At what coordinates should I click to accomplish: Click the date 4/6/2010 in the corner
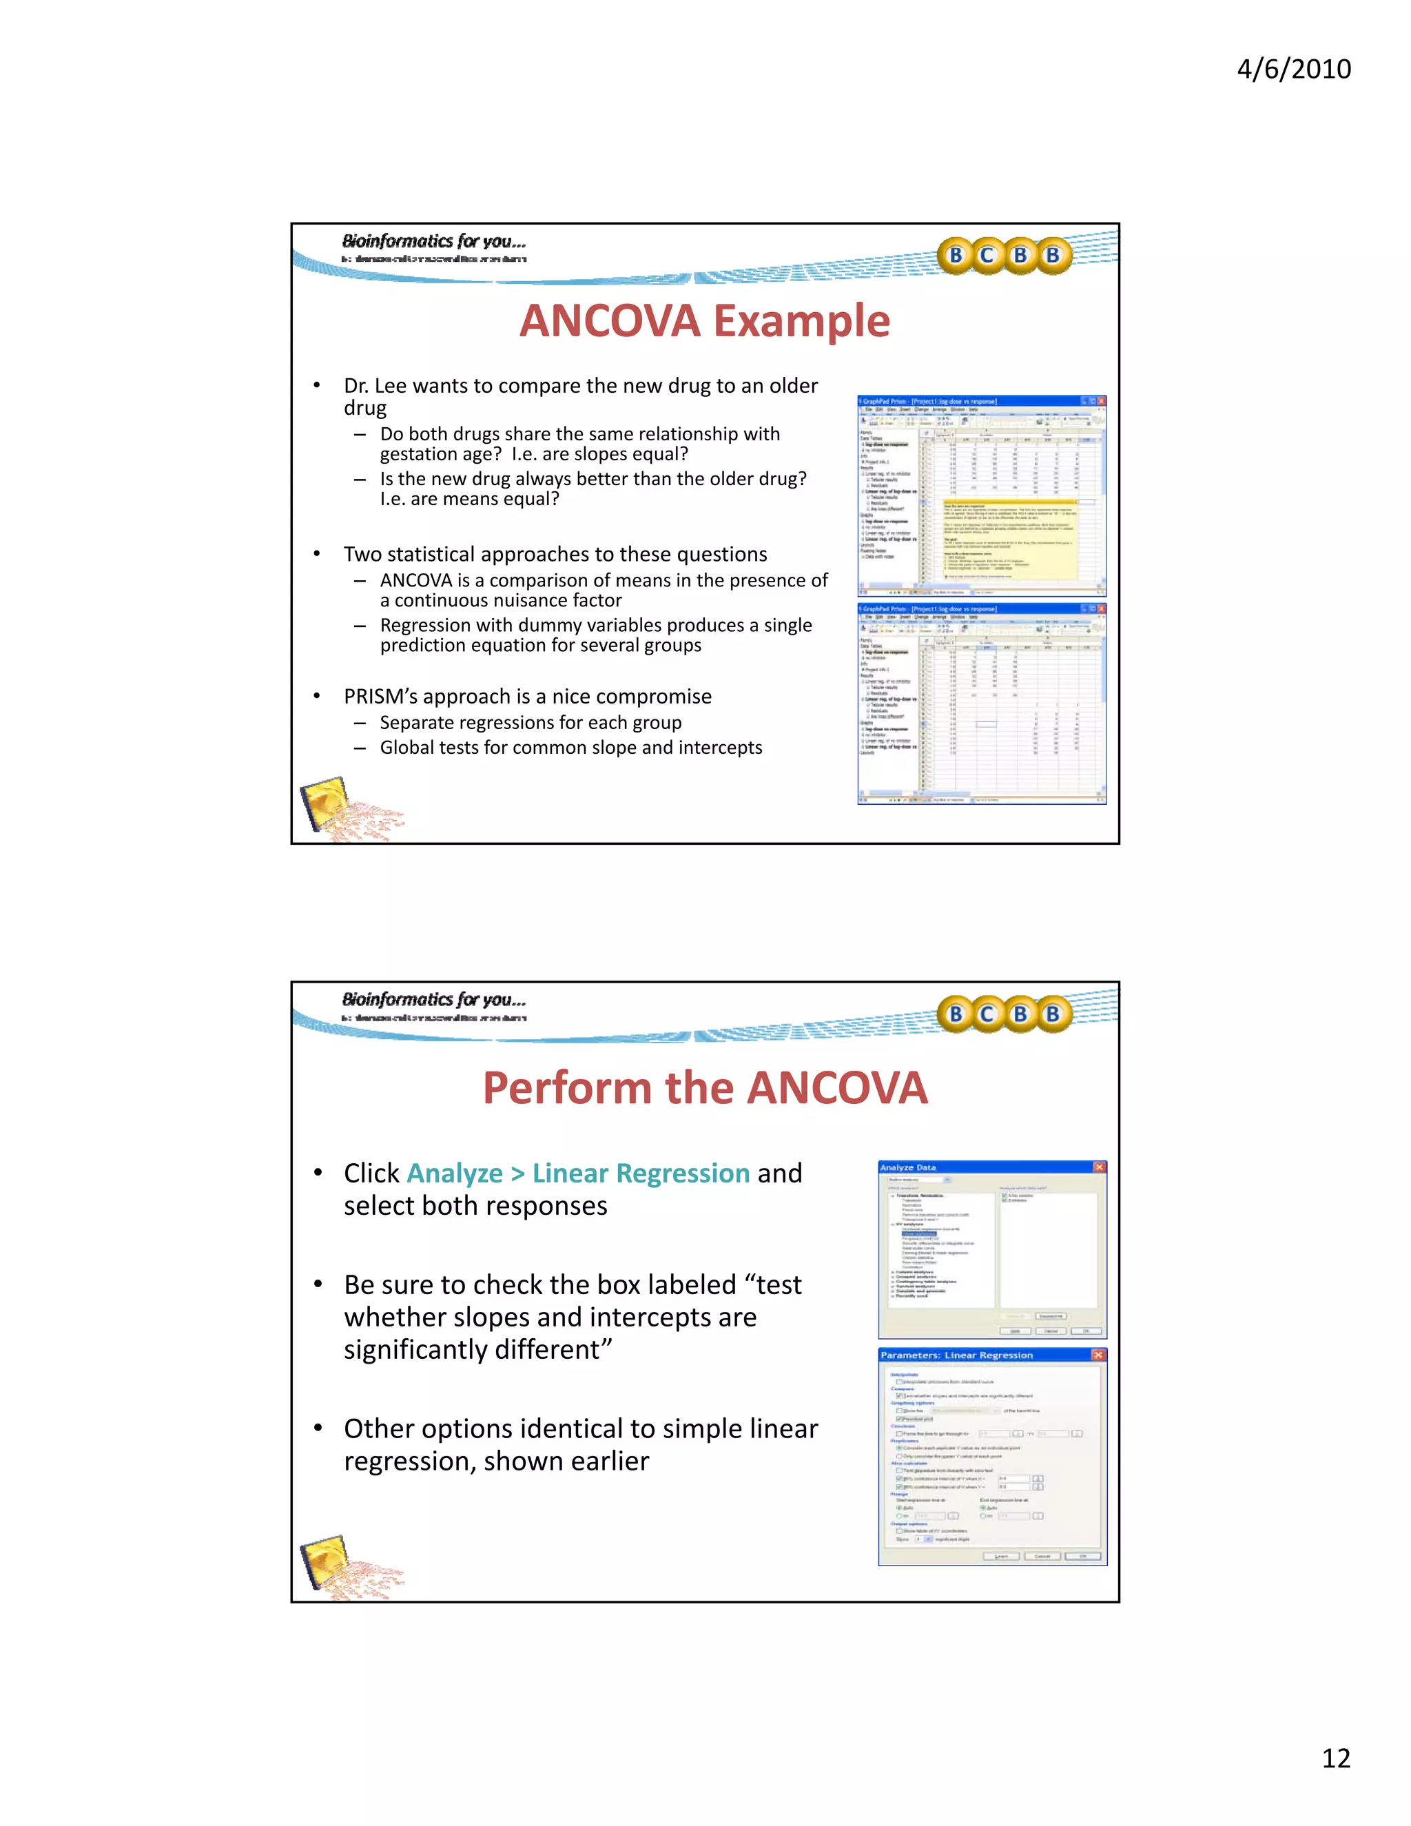coord(1293,68)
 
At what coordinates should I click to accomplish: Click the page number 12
coord(1336,1758)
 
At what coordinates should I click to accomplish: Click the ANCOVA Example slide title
coord(705,321)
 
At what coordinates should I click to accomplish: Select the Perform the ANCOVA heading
coord(705,1088)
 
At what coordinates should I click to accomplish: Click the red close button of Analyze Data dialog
coord(1099,1167)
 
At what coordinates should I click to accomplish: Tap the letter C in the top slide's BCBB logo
coord(987,255)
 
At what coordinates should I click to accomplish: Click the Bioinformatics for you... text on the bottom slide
coord(434,999)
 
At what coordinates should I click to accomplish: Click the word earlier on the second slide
coord(609,1461)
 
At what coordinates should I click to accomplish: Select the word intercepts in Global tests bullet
coord(720,748)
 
